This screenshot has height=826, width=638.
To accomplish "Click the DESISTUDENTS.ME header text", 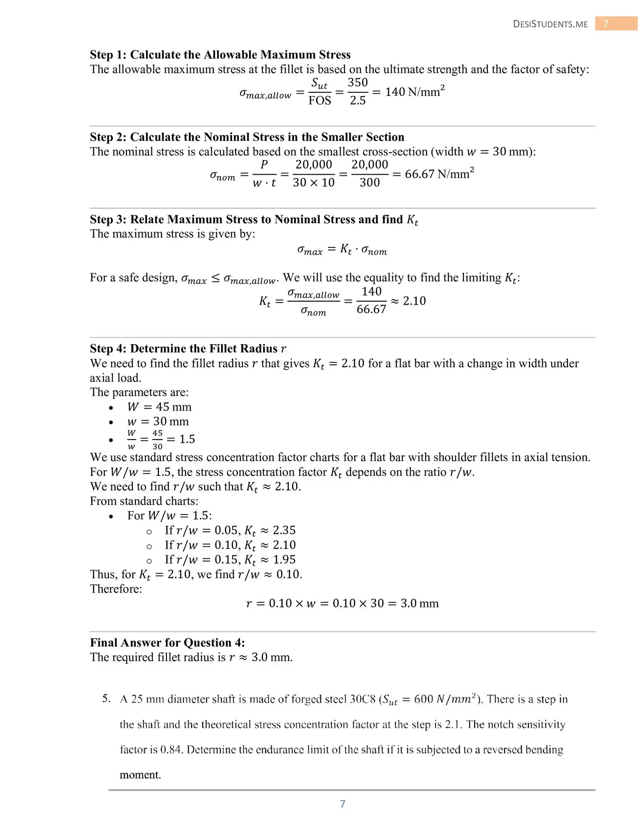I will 550,24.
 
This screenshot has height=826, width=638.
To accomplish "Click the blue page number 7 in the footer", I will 343,804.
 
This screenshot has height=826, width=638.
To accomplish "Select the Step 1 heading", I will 220,55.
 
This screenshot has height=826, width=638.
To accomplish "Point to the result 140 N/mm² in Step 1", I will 414,92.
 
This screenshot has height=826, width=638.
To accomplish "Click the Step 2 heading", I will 247,137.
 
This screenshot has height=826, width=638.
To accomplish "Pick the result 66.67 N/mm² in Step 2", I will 439,174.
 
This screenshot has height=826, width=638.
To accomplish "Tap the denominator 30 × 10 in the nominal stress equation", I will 313,183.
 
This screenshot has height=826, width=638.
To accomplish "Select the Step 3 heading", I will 254,219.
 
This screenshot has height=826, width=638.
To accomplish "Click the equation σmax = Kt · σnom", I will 342,250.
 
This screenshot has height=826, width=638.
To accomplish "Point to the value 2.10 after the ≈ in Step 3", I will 414,301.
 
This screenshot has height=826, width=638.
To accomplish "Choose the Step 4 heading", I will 188,348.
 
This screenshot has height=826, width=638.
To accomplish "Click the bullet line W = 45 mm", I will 159,407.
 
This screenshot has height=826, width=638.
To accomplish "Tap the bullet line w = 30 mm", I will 158,422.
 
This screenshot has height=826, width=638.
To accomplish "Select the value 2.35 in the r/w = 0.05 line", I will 284,530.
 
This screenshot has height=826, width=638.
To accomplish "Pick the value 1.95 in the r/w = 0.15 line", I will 284,560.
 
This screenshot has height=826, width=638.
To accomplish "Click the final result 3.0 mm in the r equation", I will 420,603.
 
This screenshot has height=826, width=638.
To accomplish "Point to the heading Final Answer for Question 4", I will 167,643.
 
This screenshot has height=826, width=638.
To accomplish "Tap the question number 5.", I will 106,698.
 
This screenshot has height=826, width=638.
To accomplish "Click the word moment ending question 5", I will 140,775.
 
